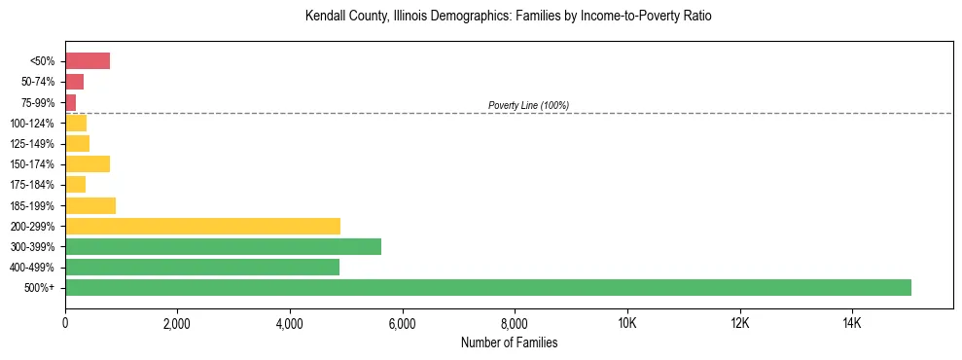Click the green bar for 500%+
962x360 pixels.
(488, 287)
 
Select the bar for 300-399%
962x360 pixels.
(223, 246)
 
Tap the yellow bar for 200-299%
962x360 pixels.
(202, 226)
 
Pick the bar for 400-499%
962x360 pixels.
(202, 267)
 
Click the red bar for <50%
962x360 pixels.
(88, 61)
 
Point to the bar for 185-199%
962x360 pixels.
(90, 205)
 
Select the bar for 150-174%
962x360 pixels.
(88, 163)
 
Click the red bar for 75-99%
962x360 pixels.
(71, 102)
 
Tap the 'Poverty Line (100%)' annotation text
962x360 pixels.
(528, 105)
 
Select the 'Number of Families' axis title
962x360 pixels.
(509, 342)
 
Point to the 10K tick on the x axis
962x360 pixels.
(626, 323)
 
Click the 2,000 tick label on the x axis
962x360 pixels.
(177, 323)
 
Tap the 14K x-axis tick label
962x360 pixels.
(851, 323)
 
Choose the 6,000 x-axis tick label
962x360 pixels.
(402, 323)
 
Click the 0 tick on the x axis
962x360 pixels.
(65, 323)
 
